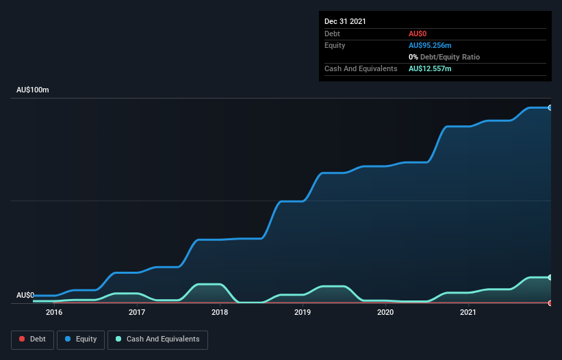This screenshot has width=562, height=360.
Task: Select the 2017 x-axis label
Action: pyautogui.click(x=137, y=313)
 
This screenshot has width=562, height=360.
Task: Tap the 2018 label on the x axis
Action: pyautogui.click(x=220, y=313)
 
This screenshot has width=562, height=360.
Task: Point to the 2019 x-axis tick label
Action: pyautogui.click(x=303, y=313)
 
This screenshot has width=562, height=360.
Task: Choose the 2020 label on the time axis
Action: pyautogui.click(x=385, y=313)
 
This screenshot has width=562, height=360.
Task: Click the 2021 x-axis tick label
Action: pyautogui.click(x=468, y=313)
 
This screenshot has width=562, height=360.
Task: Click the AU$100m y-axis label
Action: pyautogui.click(x=33, y=90)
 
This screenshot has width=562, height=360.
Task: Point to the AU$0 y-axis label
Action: pyautogui.click(x=25, y=295)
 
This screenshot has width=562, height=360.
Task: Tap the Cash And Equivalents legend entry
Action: pyautogui.click(x=157, y=339)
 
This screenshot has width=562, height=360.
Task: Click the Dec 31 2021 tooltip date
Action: pyautogui.click(x=345, y=21)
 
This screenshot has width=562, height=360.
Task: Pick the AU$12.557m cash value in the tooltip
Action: pyautogui.click(x=430, y=68)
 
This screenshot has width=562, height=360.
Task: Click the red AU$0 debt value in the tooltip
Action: pyautogui.click(x=418, y=34)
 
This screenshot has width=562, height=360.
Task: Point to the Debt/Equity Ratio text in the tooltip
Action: pyautogui.click(x=446, y=57)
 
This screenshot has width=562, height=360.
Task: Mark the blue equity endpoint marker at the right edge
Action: pyautogui.click(x=550, y=107)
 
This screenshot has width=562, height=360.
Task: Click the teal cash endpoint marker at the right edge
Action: pyautogui.click(x=550, y=277)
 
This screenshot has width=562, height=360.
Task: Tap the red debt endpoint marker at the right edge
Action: pyautogui.click(x=550, y=303)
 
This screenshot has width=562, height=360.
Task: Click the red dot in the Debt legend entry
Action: pyautogui.click(x=22, y=339)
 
